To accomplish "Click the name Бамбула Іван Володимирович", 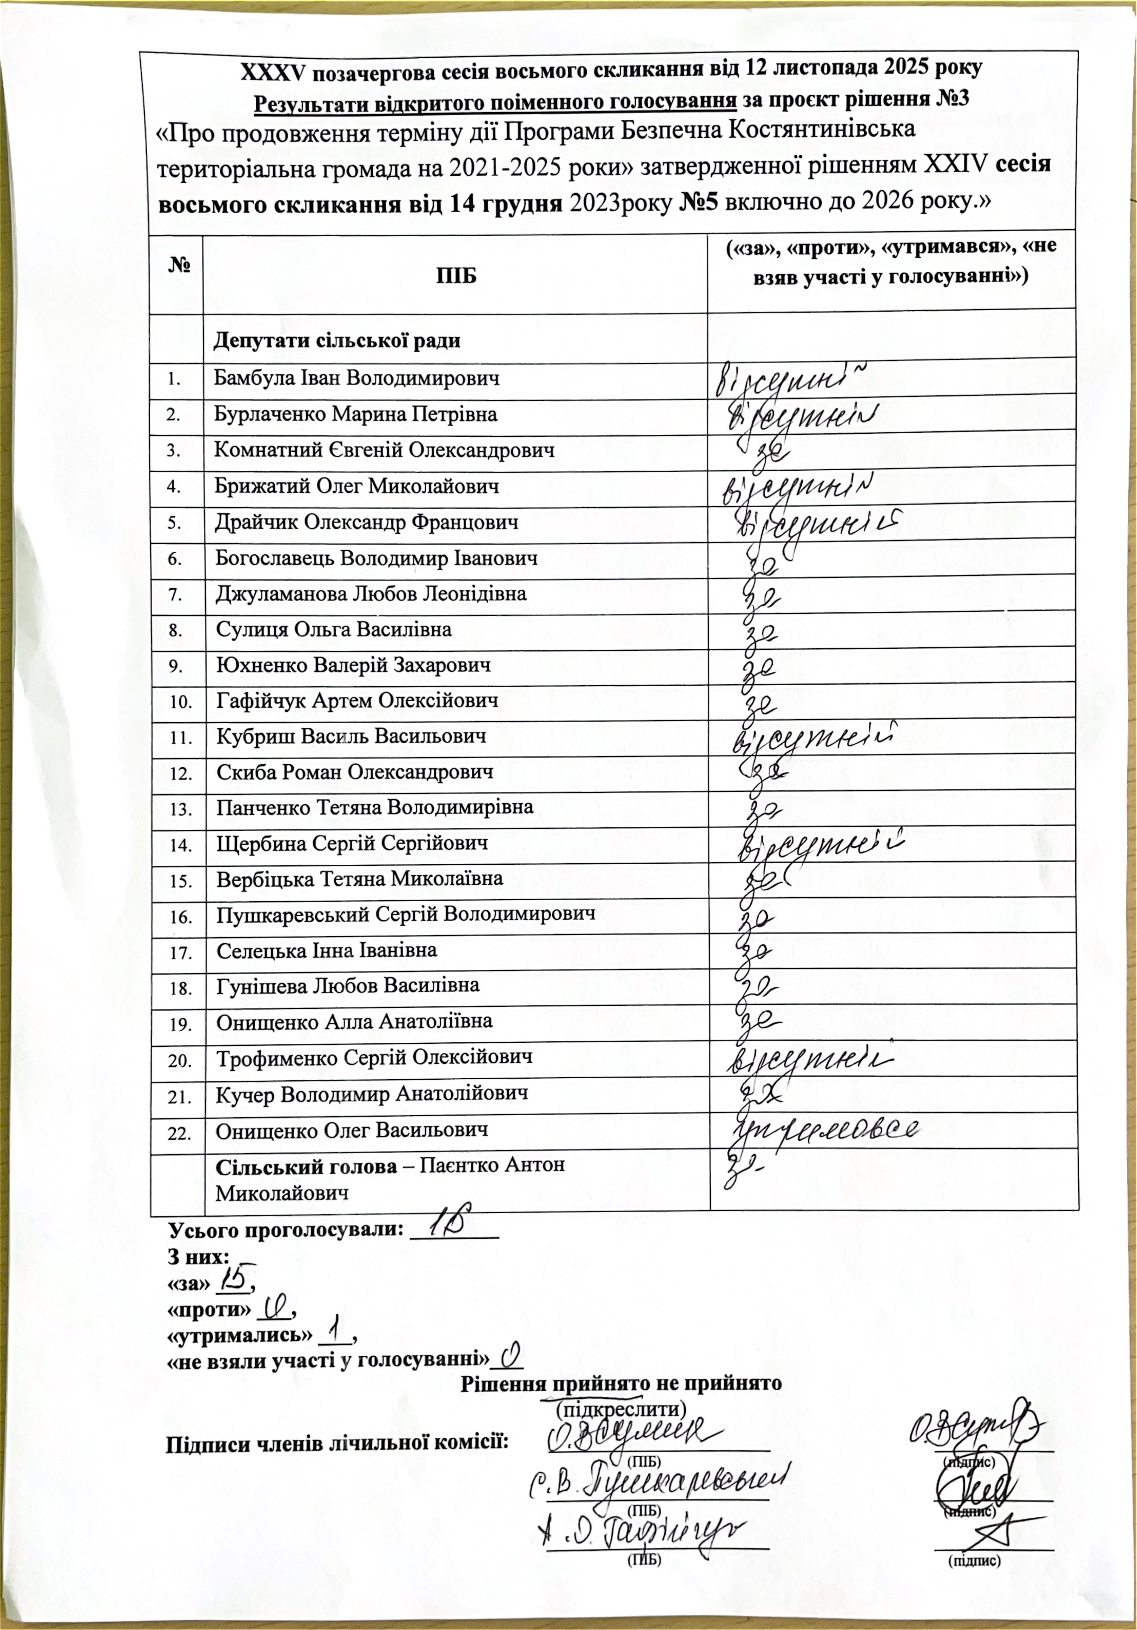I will tap(356, 379).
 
